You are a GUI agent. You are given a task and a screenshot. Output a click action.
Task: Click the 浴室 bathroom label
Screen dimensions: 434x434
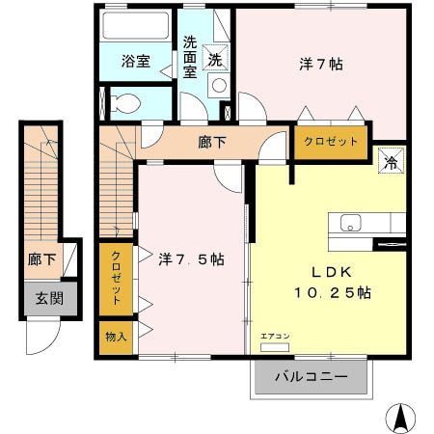coord(135,62)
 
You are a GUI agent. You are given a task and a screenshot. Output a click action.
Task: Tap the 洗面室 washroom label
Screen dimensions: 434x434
coord(191,56)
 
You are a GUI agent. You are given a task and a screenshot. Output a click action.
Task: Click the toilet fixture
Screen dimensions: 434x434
coord(126,101)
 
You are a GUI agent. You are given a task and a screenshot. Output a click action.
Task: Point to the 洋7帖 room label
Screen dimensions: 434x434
coord(321,65)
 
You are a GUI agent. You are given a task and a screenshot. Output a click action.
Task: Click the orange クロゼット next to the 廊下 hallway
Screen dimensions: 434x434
coord(330,141)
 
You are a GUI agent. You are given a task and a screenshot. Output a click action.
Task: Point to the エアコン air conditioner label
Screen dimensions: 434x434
coord(274,337)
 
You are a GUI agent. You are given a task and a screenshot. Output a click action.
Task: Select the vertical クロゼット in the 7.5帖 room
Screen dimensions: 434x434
coord(116,279)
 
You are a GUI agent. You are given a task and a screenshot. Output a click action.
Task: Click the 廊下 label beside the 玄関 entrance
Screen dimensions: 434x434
coord(41,258)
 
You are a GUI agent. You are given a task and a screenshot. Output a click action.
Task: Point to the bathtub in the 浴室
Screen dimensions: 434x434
coord(135,27)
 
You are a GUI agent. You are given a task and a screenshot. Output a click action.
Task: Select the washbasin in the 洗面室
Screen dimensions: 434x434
coord(219,85)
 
